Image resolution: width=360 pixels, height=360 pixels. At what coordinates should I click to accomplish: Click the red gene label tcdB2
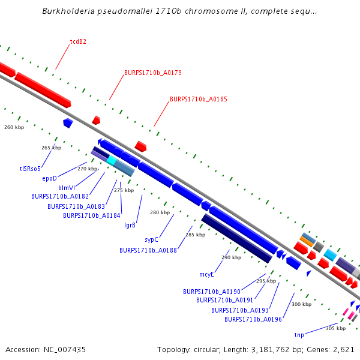tap(78, 42)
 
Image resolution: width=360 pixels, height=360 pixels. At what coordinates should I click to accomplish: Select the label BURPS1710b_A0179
tap(153, 73)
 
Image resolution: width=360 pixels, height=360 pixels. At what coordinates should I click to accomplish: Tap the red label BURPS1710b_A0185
tap(199, 99)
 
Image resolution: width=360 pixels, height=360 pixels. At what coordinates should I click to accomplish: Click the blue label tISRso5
tap(30, 169)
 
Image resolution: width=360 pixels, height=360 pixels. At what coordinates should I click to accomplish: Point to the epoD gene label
tap(49, 178)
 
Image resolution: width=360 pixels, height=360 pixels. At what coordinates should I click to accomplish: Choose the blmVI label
tap(67, 188)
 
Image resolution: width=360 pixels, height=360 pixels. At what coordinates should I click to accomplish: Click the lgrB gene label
tap(130, 226)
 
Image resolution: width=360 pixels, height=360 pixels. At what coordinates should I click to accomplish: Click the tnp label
tap(299, 335)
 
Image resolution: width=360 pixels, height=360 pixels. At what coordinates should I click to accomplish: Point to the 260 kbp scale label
tap(14, 127)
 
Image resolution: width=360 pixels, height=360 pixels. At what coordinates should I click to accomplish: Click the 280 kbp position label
tap(160, 212)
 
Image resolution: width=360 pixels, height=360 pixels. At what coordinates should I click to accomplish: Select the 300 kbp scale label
tap(301, 304)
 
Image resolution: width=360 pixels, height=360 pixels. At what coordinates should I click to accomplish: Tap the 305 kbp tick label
tap(335, 328)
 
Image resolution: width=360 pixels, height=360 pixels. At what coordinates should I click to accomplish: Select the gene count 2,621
tap(342, 349)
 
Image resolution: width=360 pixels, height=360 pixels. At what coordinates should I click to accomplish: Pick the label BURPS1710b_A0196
tap(253, 319)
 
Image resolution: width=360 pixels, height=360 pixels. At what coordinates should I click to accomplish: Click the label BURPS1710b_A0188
tap(148, 250)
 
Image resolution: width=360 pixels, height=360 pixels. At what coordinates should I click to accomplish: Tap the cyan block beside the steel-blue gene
tap(112, 160)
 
